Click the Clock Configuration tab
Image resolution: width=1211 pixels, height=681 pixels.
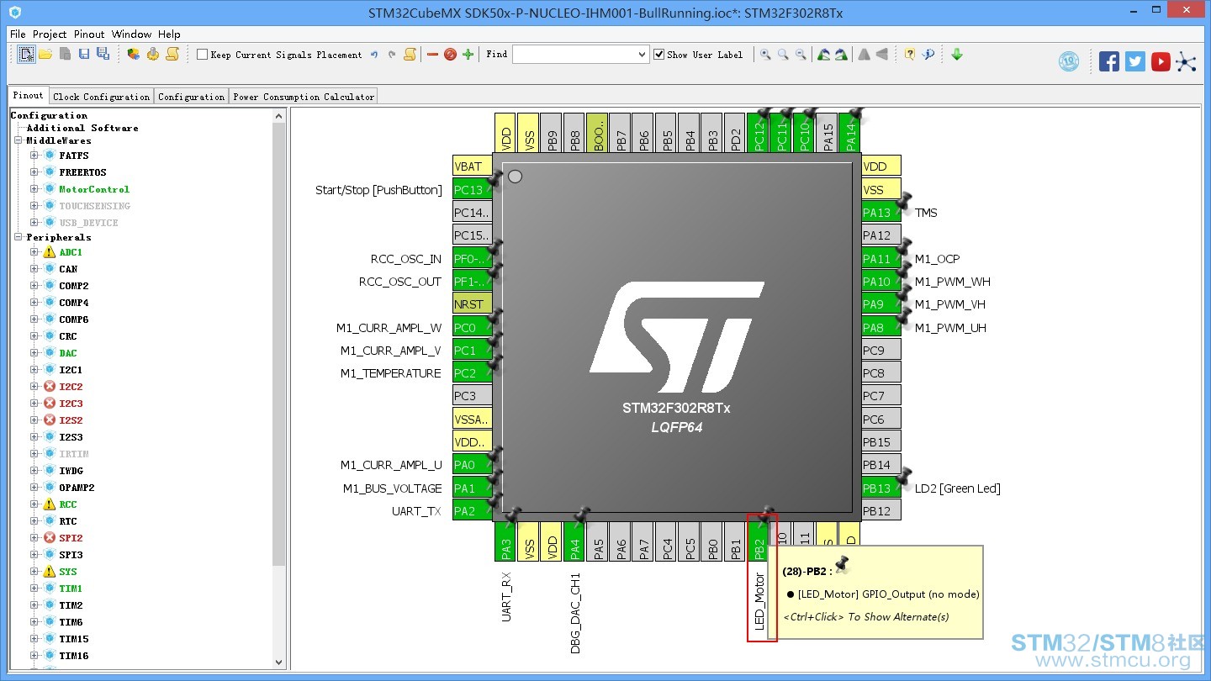coord(101,97)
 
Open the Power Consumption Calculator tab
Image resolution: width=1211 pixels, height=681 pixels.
coord(304,97)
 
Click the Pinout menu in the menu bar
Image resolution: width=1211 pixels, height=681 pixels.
coord(89,34)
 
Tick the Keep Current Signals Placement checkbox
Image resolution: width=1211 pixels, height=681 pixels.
coord(202,55)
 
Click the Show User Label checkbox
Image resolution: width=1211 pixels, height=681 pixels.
coord(659,55)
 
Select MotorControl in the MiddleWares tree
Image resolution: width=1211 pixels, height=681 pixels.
coord(94,189)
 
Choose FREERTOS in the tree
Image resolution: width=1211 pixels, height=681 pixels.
coord(82,172)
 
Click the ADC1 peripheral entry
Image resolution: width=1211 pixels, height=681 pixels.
coord(71,252)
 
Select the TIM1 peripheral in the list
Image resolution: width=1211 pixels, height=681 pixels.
coord(71,589)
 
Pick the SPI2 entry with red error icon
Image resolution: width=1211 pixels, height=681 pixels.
coord(71,538)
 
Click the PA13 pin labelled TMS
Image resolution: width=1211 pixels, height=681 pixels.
coord(881,213)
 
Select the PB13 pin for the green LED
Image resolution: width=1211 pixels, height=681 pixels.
coord(881,488)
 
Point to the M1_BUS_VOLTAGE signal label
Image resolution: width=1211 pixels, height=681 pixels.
coord(392,488)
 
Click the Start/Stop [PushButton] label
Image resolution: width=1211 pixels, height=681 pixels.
coord(378,190)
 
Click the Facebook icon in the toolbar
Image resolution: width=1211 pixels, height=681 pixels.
coord(1108,61)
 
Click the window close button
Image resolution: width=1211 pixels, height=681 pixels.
coord(1187,10)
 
